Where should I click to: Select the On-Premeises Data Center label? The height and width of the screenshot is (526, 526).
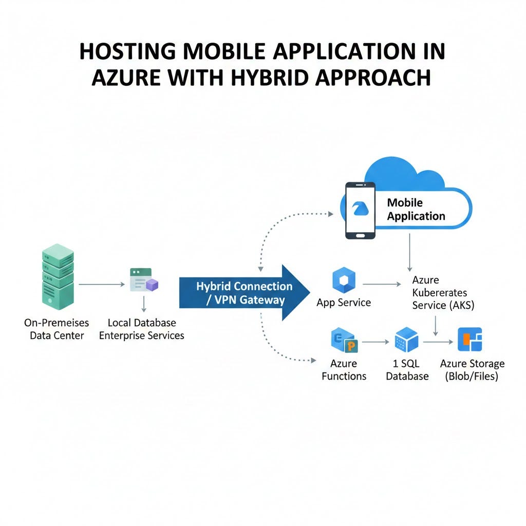(57, 329)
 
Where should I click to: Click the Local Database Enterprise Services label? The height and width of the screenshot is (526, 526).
(142, 329)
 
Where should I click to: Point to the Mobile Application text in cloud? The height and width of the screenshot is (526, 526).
(416, 209)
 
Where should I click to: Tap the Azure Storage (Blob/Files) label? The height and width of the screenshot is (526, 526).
(472, 370)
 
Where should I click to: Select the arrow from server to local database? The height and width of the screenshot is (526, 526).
(102, 284)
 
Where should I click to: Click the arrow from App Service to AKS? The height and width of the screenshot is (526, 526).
(381, 284)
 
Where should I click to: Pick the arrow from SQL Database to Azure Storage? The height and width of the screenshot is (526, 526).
(438, 341)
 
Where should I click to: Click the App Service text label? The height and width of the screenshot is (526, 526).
(344, 303)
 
